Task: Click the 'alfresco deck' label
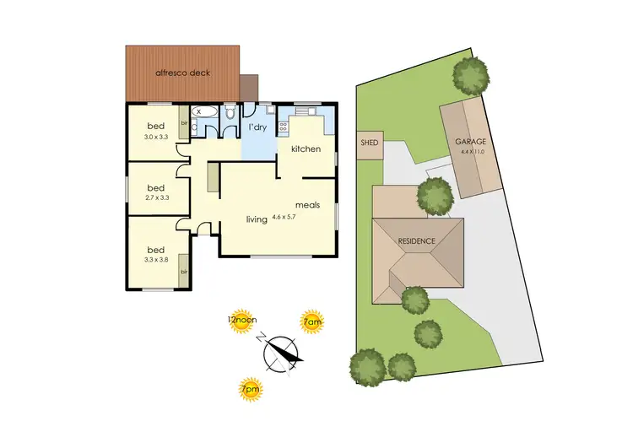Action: (x=182, y=73)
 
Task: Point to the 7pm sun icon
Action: (x=249, y=389)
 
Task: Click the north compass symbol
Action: (x=281, y=352)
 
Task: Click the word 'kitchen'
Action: (x=306, y=149)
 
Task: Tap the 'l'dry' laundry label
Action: (x=257, y=128)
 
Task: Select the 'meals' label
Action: (x=307, y=205)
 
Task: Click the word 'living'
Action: (x=257, y=219)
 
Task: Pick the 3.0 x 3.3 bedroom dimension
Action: (x=157, y=137)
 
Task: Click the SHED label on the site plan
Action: (x=369, y=143)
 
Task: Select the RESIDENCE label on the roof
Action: (x=417, y=241)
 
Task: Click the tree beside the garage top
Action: (x=470, y=76)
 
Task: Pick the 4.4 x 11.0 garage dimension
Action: (x=476, y=154)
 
